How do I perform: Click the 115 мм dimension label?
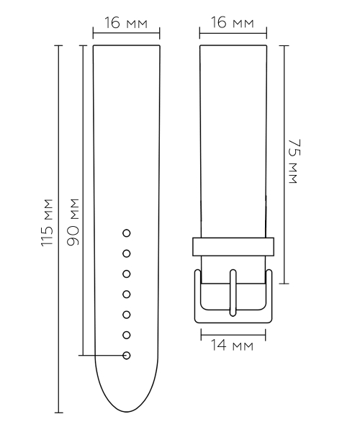pyautogui.click(x=48, y=223)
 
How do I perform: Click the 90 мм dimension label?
pyautogui.click(x=73, y=223)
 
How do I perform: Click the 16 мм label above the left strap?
pyautogui.click(x=126, y=24)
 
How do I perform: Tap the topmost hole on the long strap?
pyautogui.click(x=127, y=233)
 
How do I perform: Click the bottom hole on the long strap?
pyautogui.click(x=127, y=355)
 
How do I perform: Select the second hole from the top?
pyautogui.click(x=127, y=253)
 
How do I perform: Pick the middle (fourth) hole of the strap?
pyautogui.click(x=127, y=294)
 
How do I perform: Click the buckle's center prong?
pyautogui.click(x=234, y=292)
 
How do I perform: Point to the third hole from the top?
pyautogui.click(x=127, y=274)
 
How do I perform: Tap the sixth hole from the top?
pyautogui.click(x=127, y=335)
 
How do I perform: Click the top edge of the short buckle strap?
pyautogui.click(x=234, y=45)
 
